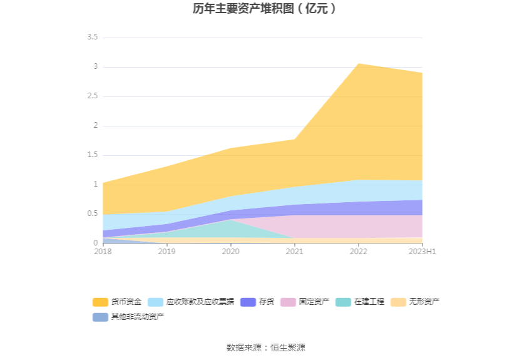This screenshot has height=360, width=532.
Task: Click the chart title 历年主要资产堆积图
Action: [x=265, y=9]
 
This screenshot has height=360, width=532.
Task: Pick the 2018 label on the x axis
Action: [x=103, y=252]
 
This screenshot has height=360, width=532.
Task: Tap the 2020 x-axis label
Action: [x=230, y=252]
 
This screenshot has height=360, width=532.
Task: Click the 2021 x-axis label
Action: [x=294, y=252]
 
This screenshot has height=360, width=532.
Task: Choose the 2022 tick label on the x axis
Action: [x=358, y=252]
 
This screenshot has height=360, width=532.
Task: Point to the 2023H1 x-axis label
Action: [x=422, y=252]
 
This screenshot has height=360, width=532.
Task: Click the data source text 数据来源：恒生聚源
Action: [x=265, y=347]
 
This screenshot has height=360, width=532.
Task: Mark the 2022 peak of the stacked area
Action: [x=358, y=64]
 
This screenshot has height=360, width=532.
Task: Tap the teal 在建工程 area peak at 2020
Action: [x=230, y=221]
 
